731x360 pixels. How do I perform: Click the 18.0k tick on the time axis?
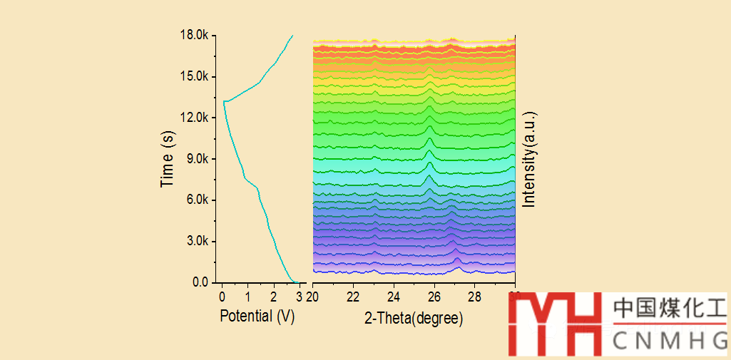[x=195, y=35]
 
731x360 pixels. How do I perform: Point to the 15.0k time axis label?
[x=195, y=76]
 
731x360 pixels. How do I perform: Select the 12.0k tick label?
[x=195, y=118]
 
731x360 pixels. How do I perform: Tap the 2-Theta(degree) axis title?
[x=414, y=318]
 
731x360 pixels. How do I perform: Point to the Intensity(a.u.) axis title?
[x=528, y=159]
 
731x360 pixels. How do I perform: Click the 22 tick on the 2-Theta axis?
[x=353, y=297]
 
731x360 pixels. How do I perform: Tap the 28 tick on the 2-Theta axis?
[x=475, y=297]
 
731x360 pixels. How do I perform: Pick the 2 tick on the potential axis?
[x=274, y=297]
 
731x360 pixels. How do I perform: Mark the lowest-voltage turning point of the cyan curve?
[x=223, y=102]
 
